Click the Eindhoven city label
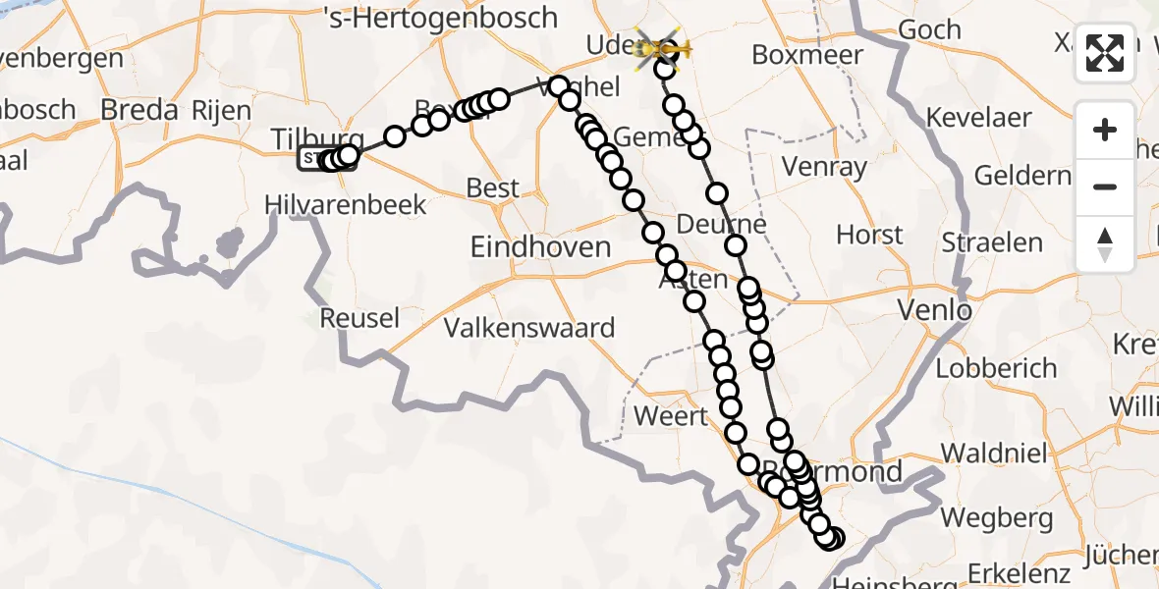pyautogui.click(x=540, y=246)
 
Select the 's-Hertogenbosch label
pyautogui.click(x=440, y=18)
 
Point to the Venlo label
pyautogui.click(x=935, y=312)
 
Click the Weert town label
pyautogui.click(x=671, y=415)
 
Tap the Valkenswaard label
pyautogui.click(x=529, y=327)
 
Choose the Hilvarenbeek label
pyautogui.click(x=346, y=204)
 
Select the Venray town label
pyautogui.click(x=825, y=167)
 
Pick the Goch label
pyautogui.click(x=929, y=30)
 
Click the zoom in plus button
pyautogui.click(x=1105, y=130)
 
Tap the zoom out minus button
pyautogui.click(x=1105, y=187)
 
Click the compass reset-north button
pyautogui.click(x=1105, y=243)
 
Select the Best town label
pyautogui.click(x=494, y=187)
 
